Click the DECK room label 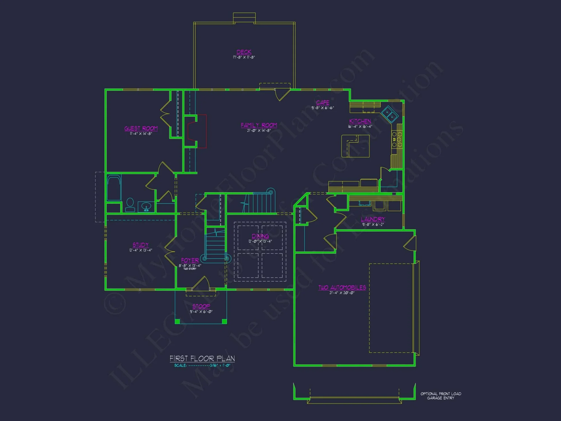(x=244, y=52)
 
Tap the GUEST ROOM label (x=141, y=128)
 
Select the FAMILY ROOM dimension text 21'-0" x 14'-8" (x=259, y=131)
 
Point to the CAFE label (x=323, y=102)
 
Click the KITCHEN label (x=360, y=121)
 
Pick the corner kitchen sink (x=390, y=114)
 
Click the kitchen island (x=355, y=146)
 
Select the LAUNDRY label (x=373, y=219)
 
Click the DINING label (x=260, y=236)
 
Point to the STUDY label (x=141, y=245)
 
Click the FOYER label (x=190, y=260)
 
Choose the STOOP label (x=201, y=306)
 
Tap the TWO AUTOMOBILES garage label (x=342, y=287)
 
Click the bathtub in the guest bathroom (x=114, y=188)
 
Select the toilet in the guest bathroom (x=130, y=205)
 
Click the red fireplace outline (x=197, y=131)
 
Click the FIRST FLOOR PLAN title (x=202, y=358)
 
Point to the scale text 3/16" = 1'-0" (x=220, y=365)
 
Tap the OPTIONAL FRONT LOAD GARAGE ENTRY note (x=441, y=396)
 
